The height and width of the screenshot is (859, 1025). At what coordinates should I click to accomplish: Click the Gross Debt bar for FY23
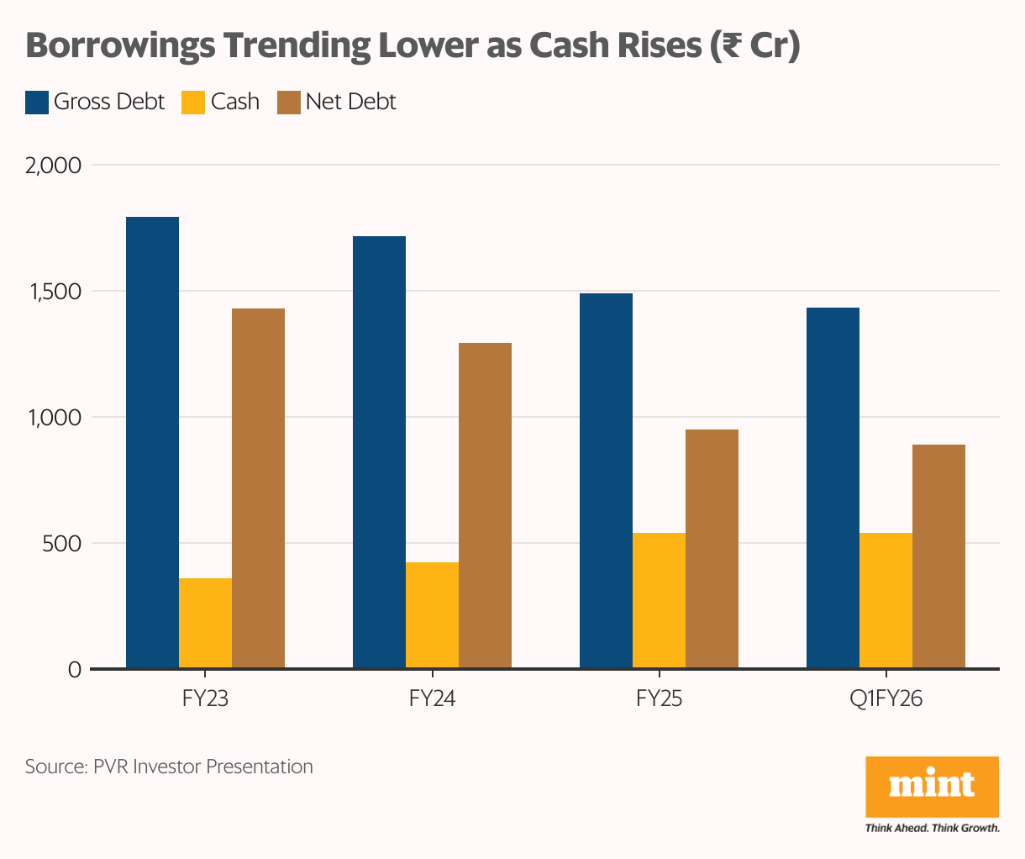point(152,443)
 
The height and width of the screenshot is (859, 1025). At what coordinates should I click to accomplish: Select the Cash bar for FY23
point(205,623)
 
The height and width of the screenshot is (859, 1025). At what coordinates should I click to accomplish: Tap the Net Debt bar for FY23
point(258,488)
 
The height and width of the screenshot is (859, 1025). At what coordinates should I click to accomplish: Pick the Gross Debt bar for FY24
point(379,452)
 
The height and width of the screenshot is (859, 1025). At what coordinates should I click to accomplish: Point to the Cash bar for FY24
point(432,615)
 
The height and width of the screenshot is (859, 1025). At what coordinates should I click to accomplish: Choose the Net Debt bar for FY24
point(485,505)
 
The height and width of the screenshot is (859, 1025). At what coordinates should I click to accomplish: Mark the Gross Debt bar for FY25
point(606,481)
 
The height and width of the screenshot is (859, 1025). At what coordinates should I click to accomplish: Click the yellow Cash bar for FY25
point(659,600)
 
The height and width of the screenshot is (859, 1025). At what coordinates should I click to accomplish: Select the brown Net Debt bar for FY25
point(712,549)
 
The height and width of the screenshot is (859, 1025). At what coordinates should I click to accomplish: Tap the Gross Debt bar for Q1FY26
point(833,488)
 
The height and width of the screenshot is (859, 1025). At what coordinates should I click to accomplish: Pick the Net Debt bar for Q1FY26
point(938,556)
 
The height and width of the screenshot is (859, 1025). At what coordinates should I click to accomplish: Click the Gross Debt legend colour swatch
point(36,102)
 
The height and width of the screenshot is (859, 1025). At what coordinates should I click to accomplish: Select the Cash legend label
point(235,102)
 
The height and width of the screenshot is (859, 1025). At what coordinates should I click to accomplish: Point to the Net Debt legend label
point(350,102)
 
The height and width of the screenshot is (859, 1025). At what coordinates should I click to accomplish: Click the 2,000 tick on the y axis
point(54,166)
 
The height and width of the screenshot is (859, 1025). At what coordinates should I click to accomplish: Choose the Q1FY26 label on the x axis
point(886,698)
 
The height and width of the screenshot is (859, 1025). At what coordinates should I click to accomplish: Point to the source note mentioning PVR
point(169,767)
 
